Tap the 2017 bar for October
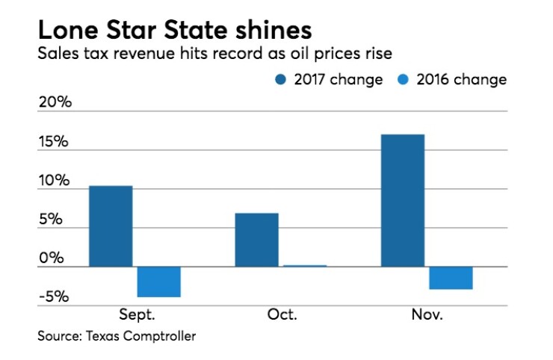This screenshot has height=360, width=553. coord(256,239)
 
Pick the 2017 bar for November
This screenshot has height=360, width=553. coord(402,199)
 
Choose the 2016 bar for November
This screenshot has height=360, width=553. coord(450,278)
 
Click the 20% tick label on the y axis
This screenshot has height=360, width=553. coord(55,102)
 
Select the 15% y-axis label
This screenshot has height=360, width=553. coord(55,142)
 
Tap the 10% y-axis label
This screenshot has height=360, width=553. coord(55,181)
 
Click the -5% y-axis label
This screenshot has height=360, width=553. coord(55,297)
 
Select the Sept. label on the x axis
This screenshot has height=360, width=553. coord(138,314)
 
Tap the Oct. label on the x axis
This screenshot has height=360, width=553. coord(282,314)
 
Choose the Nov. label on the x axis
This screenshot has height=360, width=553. coord(427,314)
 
